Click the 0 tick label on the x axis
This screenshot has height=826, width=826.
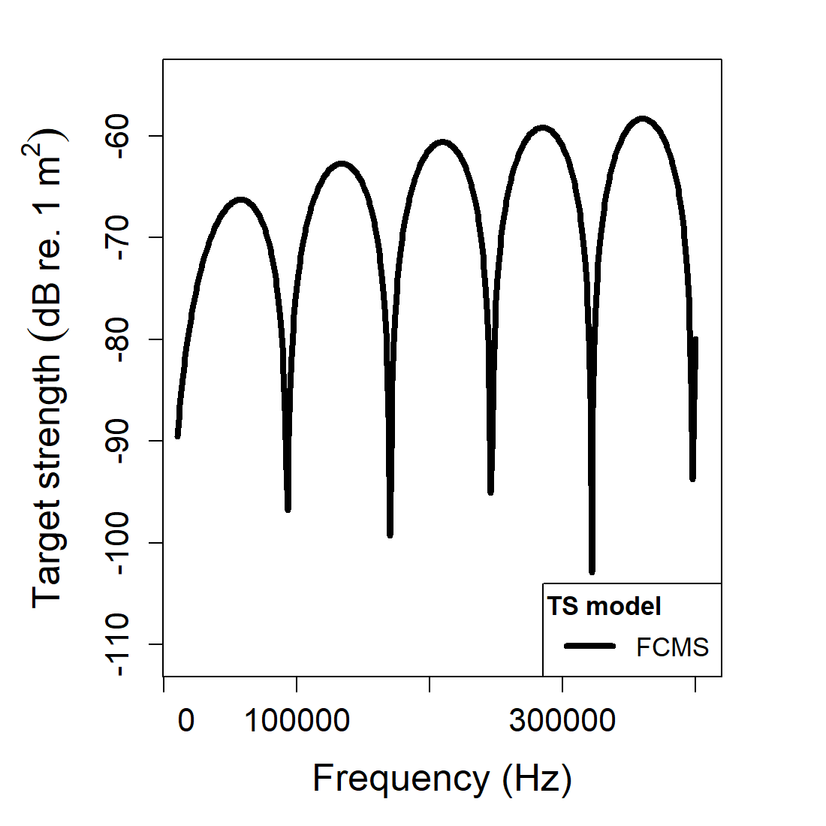click(185, 721)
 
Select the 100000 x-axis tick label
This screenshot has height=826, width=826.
click(297, 721)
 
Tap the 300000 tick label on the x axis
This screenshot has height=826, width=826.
click(562, 721)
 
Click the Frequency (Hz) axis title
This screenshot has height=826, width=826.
click(442, 778)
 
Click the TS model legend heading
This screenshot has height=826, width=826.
click(604, 606)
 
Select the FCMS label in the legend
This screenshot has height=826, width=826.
click(672, 647)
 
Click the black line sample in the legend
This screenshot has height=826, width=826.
click(590, 646)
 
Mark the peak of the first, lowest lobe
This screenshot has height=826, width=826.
click(241, 200)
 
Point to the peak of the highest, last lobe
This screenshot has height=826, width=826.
click(642, 119)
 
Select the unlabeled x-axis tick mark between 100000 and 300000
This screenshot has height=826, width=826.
click(430, 683)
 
